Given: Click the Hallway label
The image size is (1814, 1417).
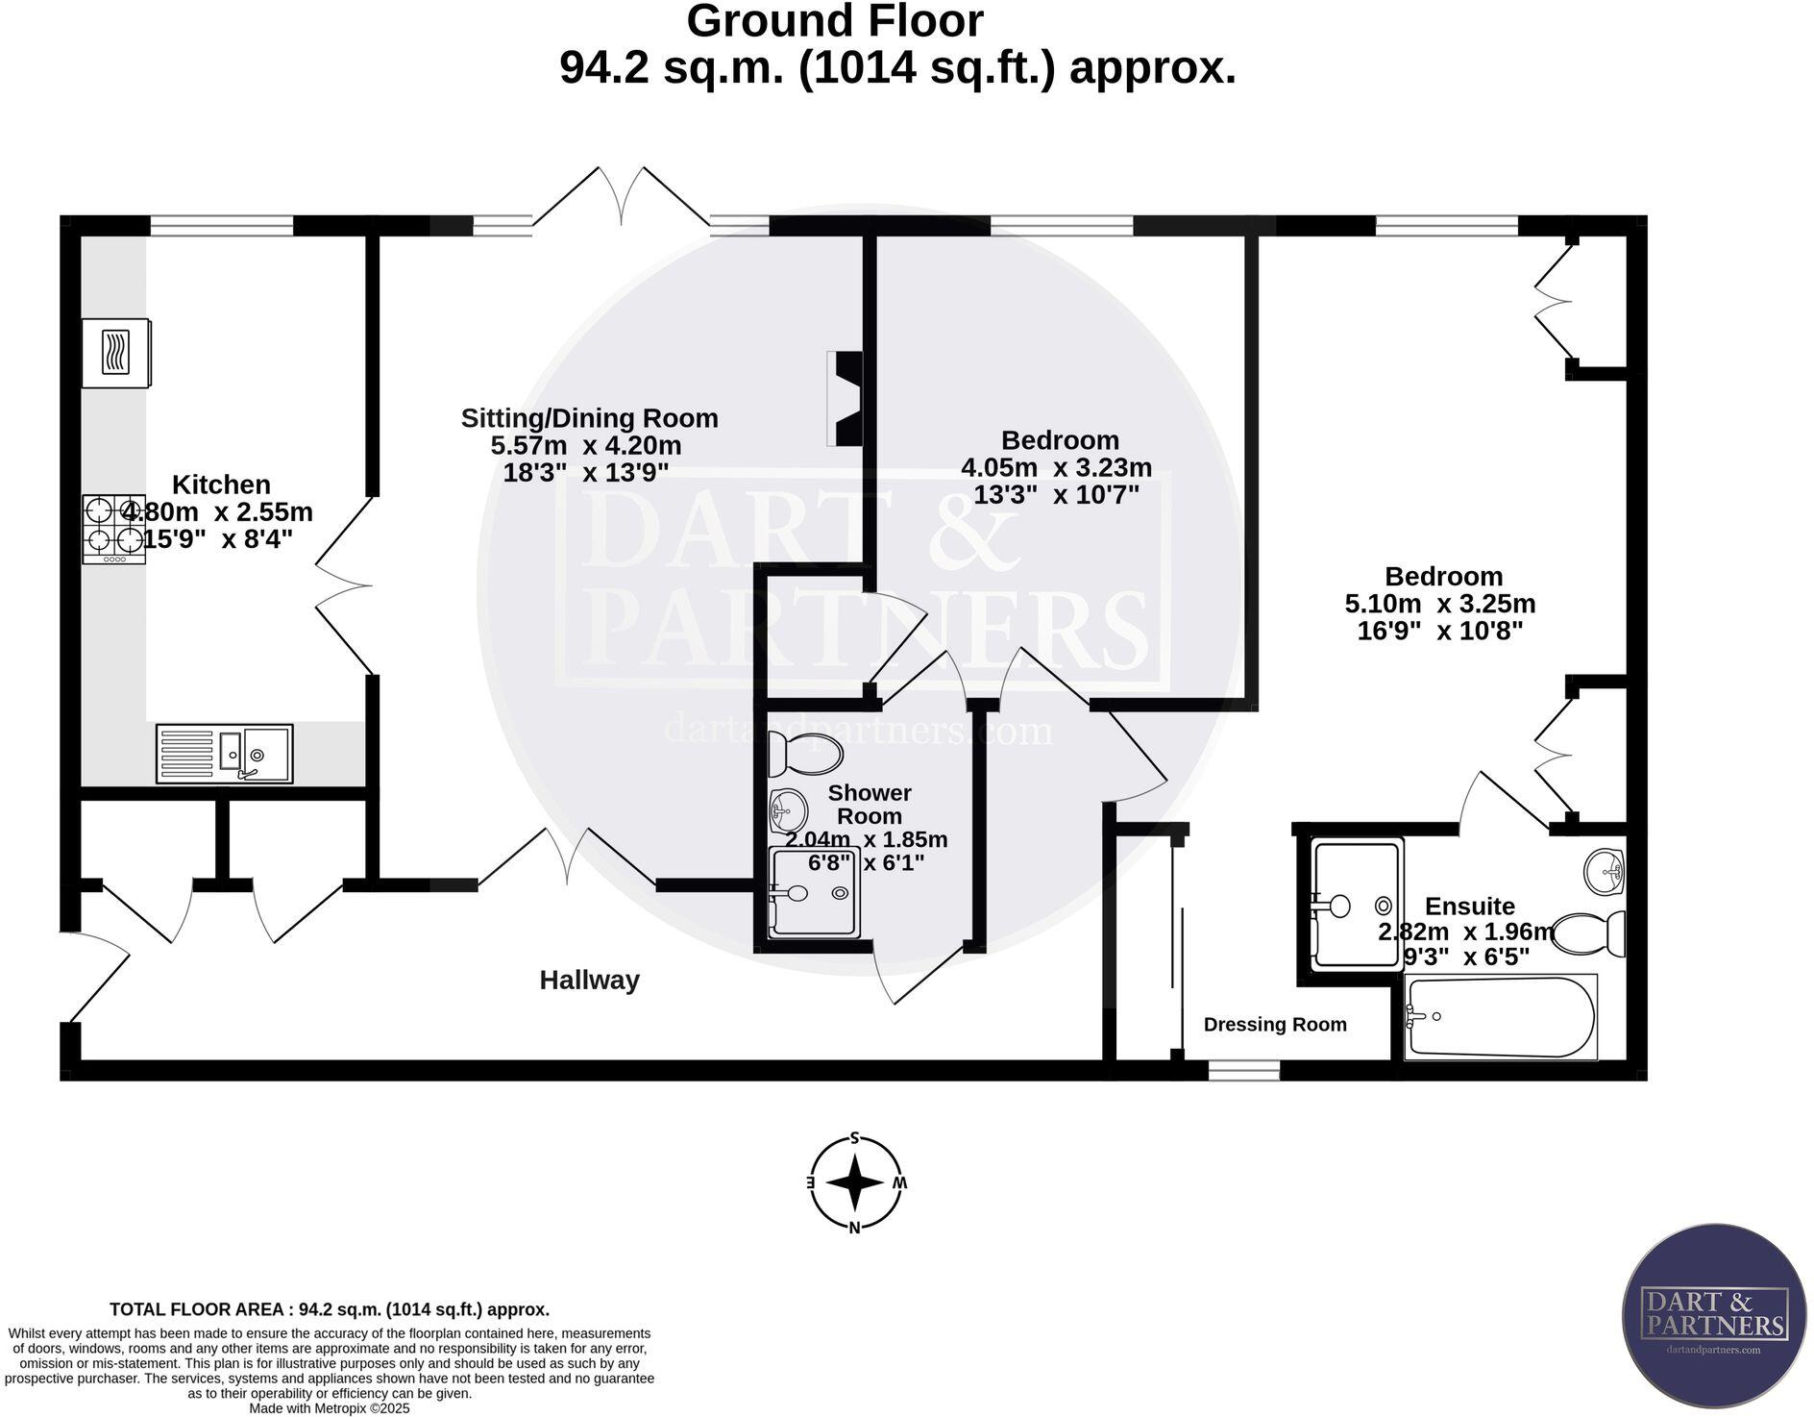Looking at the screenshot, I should coord(589,981).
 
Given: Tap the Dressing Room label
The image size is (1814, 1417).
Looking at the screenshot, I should coord(1275,1025).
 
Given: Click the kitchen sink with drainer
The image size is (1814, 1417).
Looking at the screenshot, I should coord(224,754).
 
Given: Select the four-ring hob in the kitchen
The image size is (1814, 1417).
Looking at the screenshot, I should coord(113,528).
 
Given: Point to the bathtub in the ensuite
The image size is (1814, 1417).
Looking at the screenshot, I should coord(1500,1017).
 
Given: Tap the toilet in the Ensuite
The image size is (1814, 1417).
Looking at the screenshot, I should coord(1587,932).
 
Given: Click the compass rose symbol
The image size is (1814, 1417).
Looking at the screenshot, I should coord(854,1182).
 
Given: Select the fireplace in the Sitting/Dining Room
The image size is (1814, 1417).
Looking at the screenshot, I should coord(846,398).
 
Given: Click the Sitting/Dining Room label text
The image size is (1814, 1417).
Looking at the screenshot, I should coord(589,418).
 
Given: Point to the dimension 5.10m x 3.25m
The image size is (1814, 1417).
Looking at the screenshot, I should coord(1439,604).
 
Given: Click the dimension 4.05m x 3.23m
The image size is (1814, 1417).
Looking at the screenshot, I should coord(1056,468).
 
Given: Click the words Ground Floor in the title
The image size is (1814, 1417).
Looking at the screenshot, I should coord(834,22).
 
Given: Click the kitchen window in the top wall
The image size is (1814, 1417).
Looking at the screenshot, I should coord(221,226).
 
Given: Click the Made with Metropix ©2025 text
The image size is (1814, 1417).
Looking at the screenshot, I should coord(330,1408).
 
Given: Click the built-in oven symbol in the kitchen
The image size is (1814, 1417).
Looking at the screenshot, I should coord(115,353).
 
